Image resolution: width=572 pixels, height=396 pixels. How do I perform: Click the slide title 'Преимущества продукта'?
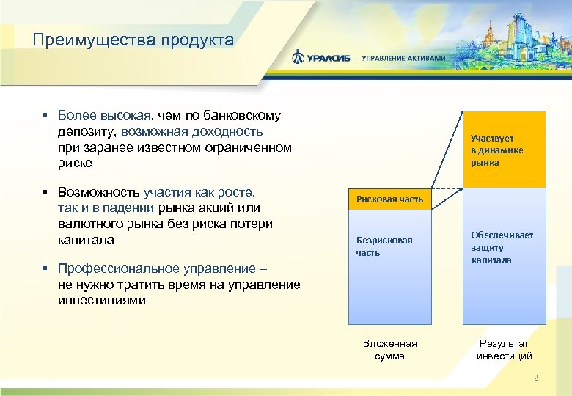[133, 40]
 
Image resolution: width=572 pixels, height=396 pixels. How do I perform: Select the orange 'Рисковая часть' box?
[389, 199]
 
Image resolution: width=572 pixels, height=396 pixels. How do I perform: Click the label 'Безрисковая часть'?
[384, 246]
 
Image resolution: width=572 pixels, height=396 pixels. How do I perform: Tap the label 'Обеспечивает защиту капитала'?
[502, 248]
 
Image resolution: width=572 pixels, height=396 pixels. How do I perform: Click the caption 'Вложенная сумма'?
[389, 350]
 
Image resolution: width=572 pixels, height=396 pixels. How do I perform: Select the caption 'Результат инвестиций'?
[504, 350]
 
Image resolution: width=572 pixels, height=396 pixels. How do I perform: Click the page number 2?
[536, 378]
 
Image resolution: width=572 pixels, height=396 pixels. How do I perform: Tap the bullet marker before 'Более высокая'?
[45, 116]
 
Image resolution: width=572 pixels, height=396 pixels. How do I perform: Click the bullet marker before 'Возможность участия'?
[45, 193]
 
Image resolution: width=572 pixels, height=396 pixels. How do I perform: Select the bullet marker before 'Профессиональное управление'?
[45, 269]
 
